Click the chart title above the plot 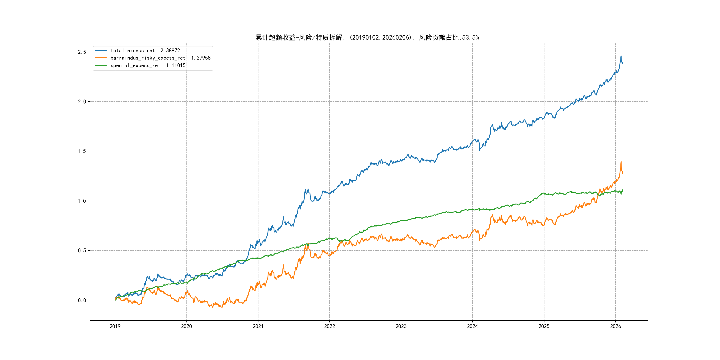pos(367,38)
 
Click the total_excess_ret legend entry pos(145,51)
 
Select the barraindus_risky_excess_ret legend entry pos(160,58)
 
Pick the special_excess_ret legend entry pos(148,65)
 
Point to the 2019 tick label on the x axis pos(115,326)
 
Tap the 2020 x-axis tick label pos(186,326)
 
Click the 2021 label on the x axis pos(258,326)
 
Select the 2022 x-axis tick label pos(330,326)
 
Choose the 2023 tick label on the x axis pos(401,326)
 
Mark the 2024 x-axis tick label pos(473,326)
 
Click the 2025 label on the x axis pos(544,326)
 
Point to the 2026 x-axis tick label pos(616,326)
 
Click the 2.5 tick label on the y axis pos(82,52)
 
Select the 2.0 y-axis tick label pos(82,102)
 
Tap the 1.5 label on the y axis pos(82,151)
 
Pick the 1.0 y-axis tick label pos(82,201)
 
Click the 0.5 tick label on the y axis pos(82,250)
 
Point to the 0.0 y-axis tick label pos(82,300)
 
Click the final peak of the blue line pos(621,56)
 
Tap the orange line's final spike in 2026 pos(621,162)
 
